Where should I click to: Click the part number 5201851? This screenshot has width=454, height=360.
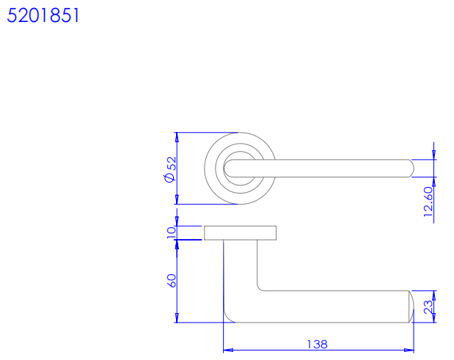point(43,15)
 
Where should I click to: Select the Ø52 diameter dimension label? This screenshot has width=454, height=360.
point(170,169)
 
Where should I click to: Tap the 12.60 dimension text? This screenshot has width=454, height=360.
point(428,202)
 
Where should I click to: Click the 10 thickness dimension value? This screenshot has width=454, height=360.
point(171,232)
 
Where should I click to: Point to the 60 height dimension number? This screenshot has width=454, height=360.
point(172,280)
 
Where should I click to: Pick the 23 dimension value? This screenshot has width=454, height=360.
point(428,307)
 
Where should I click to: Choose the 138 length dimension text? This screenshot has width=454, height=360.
point(317,345)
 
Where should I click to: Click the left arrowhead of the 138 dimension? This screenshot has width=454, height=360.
point(228,350)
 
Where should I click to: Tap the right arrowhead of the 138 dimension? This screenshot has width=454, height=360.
point(409,350)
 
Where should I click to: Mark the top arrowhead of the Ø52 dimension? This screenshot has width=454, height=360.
point(177,137)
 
